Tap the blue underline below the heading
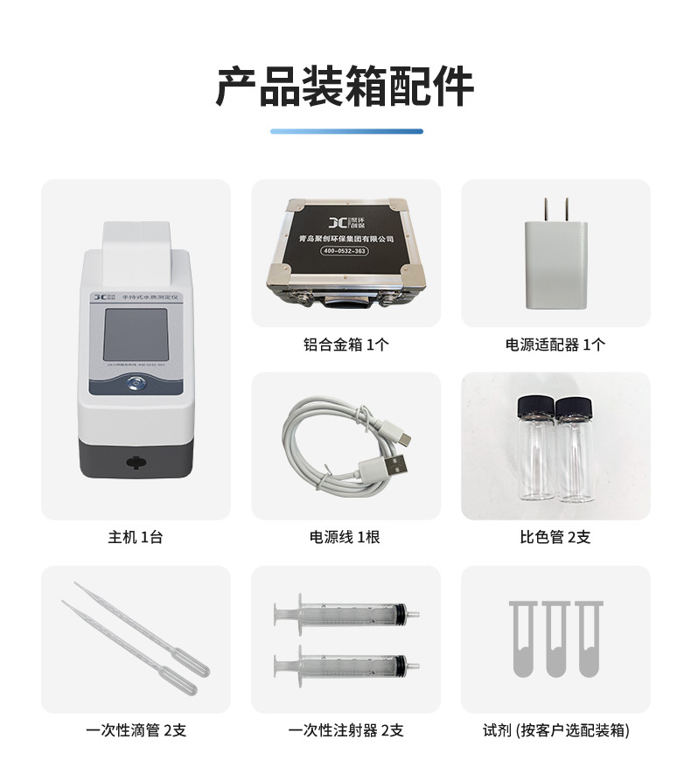(345, 131)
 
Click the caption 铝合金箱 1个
(345, 345)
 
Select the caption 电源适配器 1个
(555, 345)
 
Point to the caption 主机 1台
(136, 537)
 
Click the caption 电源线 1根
(345, 537)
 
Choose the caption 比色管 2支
(555, 537)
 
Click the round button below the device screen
(136, 382)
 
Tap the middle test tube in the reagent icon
(555, 637)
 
